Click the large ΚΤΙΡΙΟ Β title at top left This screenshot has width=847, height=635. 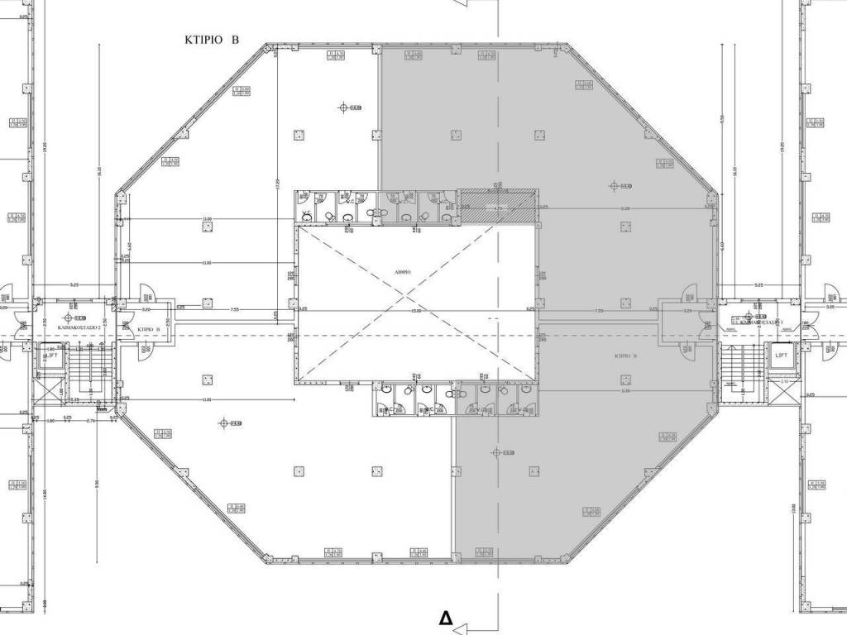tap(212, 39)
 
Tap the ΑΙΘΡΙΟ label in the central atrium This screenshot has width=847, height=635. tap(404, 271)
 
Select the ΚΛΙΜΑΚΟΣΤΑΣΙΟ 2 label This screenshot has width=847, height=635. tap(79, 328)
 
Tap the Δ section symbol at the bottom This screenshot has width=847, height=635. tap(447, 618)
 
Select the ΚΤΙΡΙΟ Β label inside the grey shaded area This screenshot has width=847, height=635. tap(624, 355)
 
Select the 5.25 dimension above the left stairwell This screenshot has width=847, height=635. tap(74, 284)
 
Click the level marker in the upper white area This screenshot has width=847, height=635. tap(345, 107)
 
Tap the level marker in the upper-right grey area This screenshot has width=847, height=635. tap(615, 186)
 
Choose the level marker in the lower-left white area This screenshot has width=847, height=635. tap(224, 423)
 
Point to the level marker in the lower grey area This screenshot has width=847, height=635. tap(496, 452)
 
